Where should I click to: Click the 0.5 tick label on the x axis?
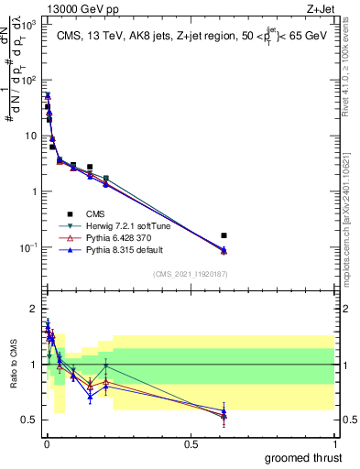coord(191,442)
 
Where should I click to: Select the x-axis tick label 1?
coord(337,442)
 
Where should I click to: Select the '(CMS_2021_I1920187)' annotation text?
coord(190,273)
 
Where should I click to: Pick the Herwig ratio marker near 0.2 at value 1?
coord(106,365)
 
